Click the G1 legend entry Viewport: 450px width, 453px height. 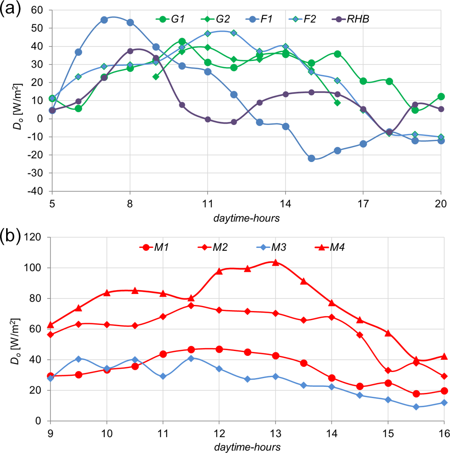pos(172,19)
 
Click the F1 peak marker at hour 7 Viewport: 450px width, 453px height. pos(104,20)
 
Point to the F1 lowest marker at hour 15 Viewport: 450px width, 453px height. pos(311,158)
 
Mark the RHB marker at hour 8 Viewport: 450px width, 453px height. pos(130,51)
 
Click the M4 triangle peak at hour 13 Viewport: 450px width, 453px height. pos(275,262)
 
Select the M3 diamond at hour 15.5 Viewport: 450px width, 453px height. pos(416,407)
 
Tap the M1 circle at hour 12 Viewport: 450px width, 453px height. pos(219,349)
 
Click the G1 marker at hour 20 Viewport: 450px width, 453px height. pos(441,96)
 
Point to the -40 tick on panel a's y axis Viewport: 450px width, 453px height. pos(41,191)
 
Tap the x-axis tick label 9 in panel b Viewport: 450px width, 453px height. pos(51,432)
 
